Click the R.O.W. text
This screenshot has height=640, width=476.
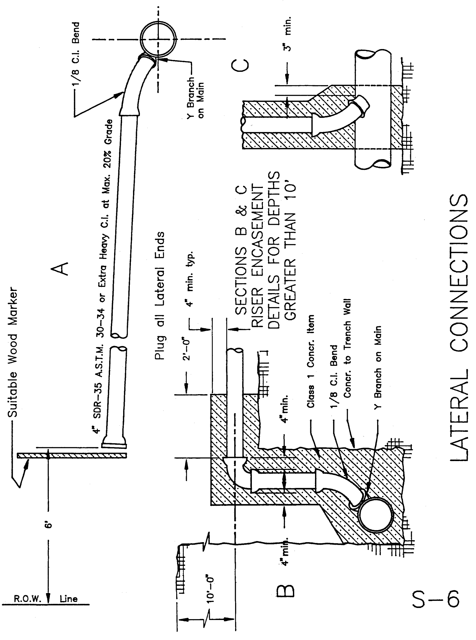point(28,598)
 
